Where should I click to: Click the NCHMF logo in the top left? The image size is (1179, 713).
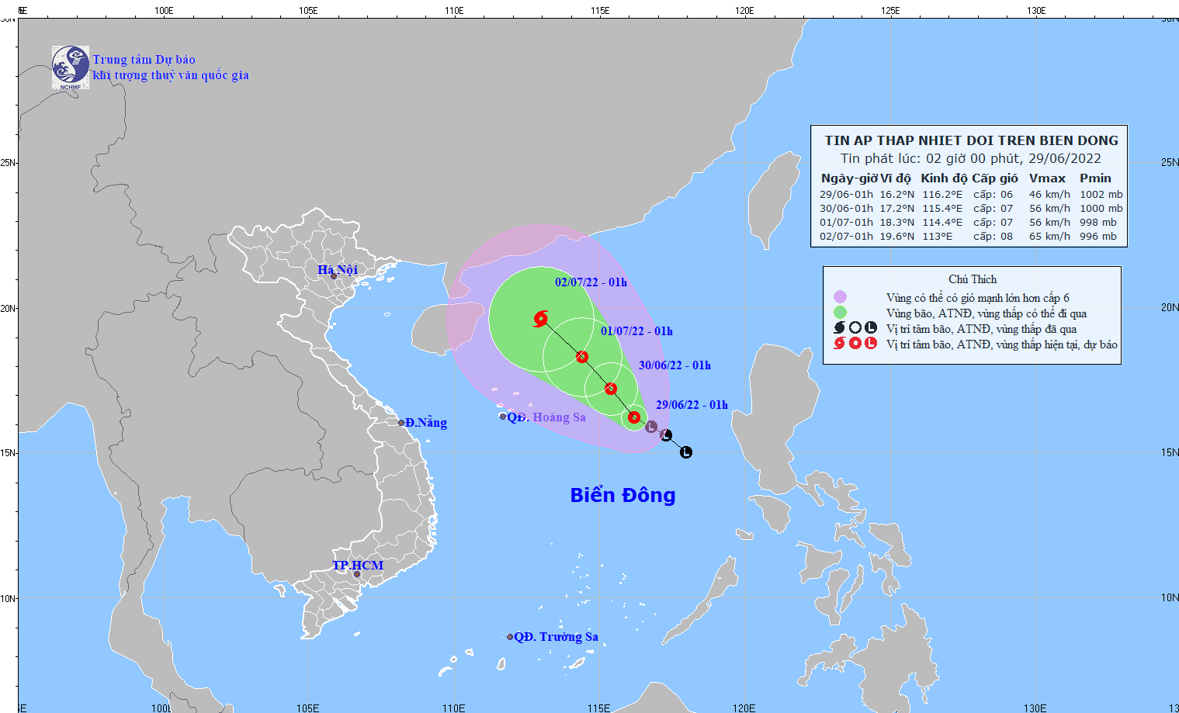(70, 67)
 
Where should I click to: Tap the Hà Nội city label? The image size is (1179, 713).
(338, 269)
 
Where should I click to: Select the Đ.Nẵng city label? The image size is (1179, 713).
(425, 423)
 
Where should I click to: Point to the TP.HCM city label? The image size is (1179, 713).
(358, 565)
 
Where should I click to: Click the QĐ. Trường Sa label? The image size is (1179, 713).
(556, 637)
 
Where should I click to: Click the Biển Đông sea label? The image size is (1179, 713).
(622, 495)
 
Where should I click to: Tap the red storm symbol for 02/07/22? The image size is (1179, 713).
(541, 318)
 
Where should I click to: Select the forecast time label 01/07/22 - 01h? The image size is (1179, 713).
(636, 331)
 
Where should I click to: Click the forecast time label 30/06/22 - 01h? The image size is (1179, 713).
(674, 365)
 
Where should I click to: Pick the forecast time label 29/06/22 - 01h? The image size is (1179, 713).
(692, 405)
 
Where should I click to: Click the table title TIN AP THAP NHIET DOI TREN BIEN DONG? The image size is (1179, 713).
(971, 140)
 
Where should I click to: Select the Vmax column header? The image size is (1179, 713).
(1047, 178)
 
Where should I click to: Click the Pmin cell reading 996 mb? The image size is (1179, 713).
(1098, 237)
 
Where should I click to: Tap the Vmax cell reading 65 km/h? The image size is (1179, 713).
(1049, 237)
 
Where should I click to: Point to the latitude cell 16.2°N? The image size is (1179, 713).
(896, 195)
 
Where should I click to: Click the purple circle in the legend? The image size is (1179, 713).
(840, 297)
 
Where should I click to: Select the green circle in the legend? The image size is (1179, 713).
(840, 313)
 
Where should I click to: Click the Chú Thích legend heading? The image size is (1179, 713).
(972, 279)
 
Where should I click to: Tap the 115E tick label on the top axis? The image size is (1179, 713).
(599, 11)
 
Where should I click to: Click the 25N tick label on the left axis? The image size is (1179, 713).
(8, 163)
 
